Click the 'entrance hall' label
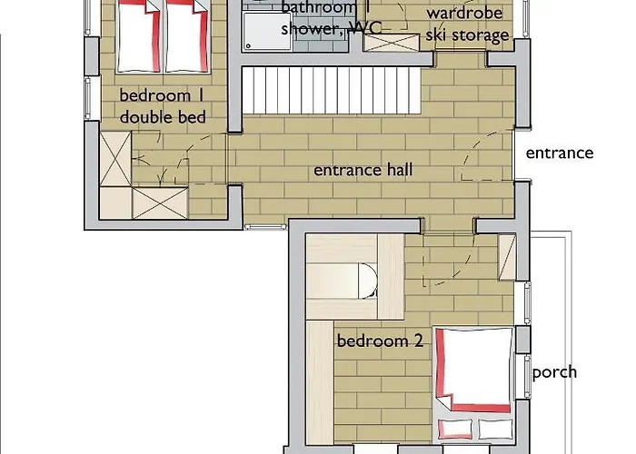pos(363,170)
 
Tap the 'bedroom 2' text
pos(380,340)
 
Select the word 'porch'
pos(554,372)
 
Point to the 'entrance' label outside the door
pos(560,153)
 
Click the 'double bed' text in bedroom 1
pos(163,117)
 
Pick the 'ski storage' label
pos(467,35)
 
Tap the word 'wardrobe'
pos(465,14)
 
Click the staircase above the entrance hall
pos(332,91)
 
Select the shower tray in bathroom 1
pos(267,32)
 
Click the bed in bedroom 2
pos(473,385)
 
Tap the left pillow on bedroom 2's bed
pos(455,429)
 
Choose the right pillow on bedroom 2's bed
pos(495,429)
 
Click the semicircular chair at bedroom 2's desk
pos(367,281)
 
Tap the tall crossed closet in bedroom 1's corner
pos(115,159)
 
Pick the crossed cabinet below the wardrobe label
pos(391,43)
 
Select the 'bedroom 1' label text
pos(161,95)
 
